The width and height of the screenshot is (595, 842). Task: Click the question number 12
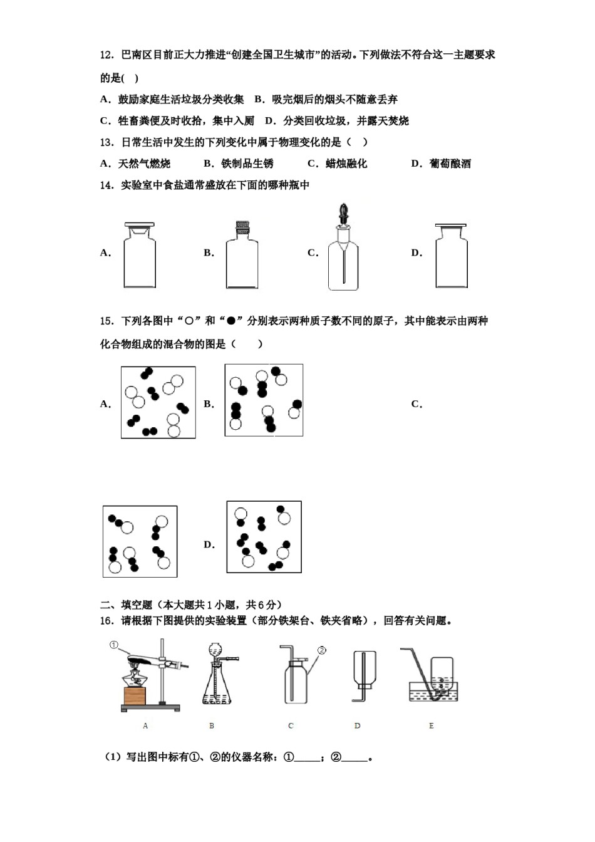(x=106, y=55)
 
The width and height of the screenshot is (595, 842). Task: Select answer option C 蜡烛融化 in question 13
(x=338, y=164)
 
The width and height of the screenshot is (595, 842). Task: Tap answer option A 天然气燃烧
(x=135, y=164)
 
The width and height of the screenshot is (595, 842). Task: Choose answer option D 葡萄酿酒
(x=441, y=164)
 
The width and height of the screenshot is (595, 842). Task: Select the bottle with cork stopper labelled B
(x=242, y=257)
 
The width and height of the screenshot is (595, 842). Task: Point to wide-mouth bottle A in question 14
(x=139, y=257)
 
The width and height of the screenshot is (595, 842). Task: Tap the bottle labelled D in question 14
(x=451, y=257)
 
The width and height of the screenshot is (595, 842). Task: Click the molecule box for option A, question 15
(x=158, y=402)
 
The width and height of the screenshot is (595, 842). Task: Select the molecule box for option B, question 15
(x=264, y=400)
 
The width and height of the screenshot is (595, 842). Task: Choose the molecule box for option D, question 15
(x=264, y=537)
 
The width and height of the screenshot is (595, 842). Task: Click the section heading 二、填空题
(x=127, y=605)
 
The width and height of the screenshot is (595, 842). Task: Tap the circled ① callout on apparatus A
(x=113, y=645)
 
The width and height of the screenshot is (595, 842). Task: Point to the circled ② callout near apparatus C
(x=322, y=650)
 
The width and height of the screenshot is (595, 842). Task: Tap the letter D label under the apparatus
(x=357, y=725)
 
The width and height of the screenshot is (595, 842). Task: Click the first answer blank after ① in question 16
(x=307, y=758)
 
